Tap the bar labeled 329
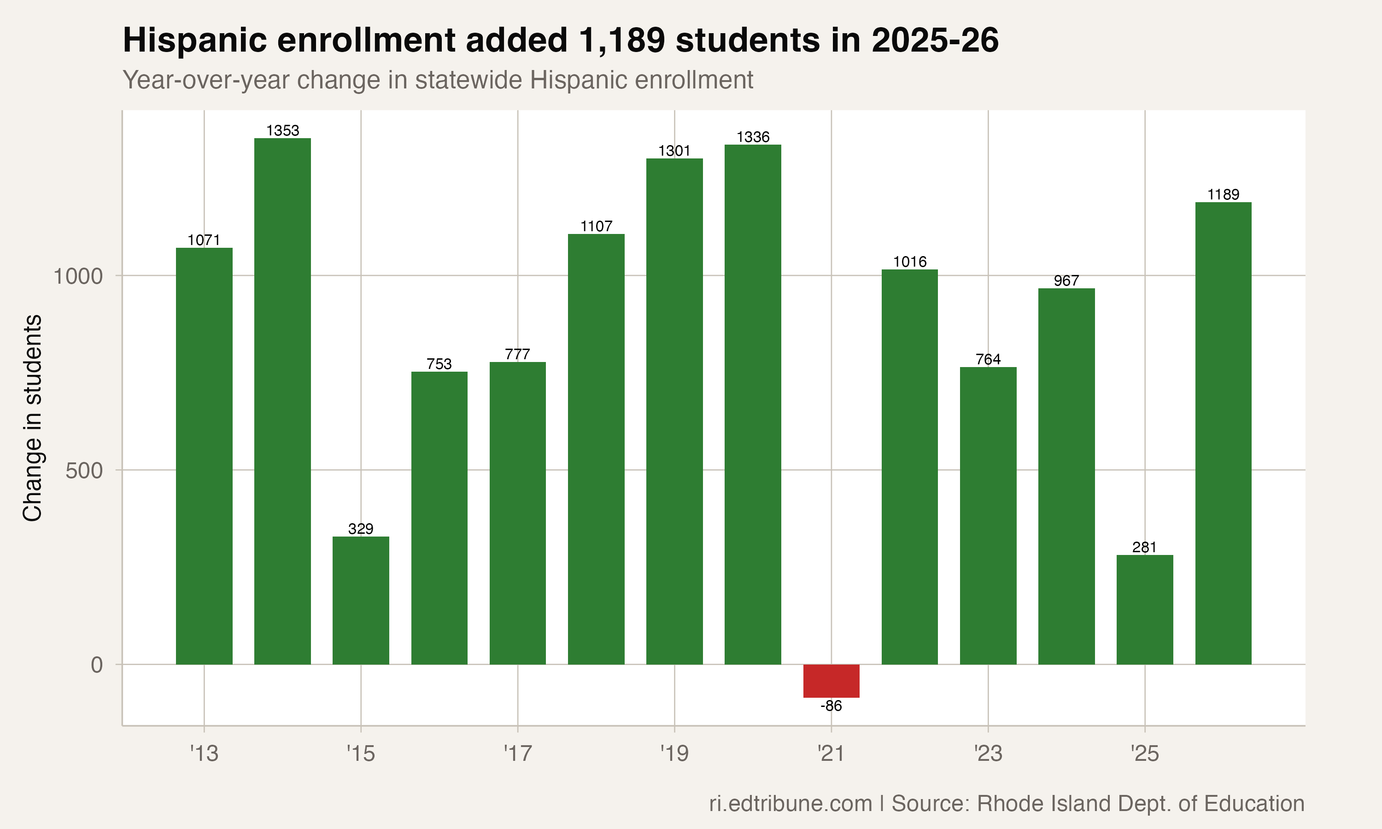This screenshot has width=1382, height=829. click(x=361, y=600)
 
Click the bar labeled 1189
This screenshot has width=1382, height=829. click(x=1224, y=433)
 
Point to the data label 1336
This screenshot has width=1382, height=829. click(x=753, y=137)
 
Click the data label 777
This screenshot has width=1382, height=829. click(x=517, y=354)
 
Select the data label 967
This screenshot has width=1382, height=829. click(x=1066, y=280)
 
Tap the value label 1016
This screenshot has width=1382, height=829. click(x=909, y=262)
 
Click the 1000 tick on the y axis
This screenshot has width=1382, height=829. click(x=78, y=276)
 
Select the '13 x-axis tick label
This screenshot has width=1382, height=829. click(x=204, y=753)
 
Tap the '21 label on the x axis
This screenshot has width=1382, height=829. click(x=831, y=753)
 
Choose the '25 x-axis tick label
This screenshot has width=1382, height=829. click(x=1145, y=753)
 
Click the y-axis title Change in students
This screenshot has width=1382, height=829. click(x=32, y=418)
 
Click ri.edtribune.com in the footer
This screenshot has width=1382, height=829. click(x=791, y=803)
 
